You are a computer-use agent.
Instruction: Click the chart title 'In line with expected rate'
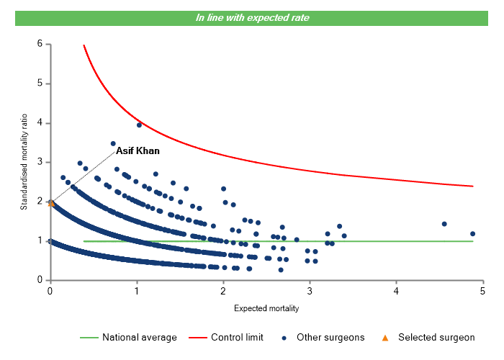(x=252, y=17)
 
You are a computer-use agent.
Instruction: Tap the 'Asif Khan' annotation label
(x=138, y=151)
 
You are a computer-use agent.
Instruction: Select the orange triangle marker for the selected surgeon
(x=50, y=204)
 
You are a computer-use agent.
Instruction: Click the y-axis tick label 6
(x=40, y=44)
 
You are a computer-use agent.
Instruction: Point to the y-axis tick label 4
(x=40, y=123)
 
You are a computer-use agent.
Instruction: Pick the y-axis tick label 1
(x=40, y=241)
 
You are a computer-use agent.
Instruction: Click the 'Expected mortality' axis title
(x=266, y=308)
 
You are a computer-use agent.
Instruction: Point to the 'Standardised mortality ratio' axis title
(x=23, y=162)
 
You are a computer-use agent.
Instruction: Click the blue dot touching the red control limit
(x=139, y=125)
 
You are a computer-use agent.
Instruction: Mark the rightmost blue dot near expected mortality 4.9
(x=472, y=233)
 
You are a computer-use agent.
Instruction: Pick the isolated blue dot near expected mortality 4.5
(x=444, y=224)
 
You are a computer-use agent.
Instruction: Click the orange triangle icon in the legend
(x=384, y=337)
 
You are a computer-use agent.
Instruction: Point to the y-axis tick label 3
(x=40, y=163)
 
